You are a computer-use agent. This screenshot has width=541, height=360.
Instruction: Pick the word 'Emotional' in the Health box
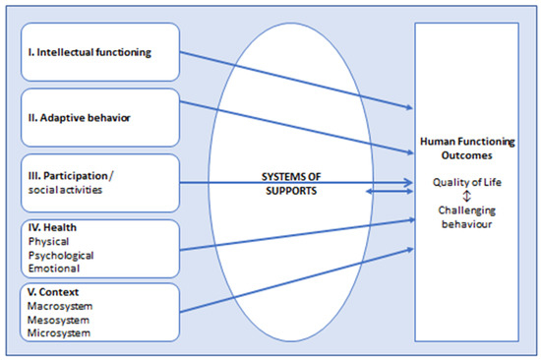click(55, 268)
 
